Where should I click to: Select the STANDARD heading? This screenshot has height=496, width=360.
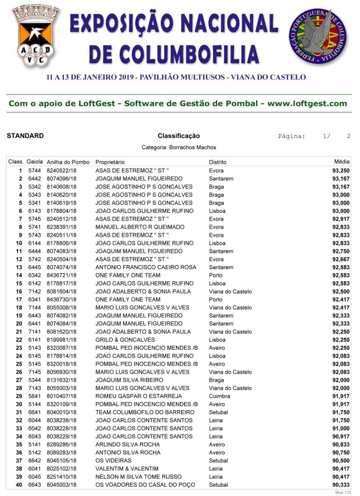point(25,136)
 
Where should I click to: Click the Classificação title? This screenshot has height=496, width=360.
point(178,136)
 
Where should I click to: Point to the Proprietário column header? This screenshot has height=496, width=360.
point(110,162)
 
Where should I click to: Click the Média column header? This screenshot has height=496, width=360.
point(342,162)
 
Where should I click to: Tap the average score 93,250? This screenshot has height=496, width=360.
point(341,171)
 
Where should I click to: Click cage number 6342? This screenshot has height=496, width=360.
point(35,276)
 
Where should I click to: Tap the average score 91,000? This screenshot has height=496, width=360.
point(341,428)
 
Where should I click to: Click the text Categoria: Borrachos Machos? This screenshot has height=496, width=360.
point(178,148)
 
